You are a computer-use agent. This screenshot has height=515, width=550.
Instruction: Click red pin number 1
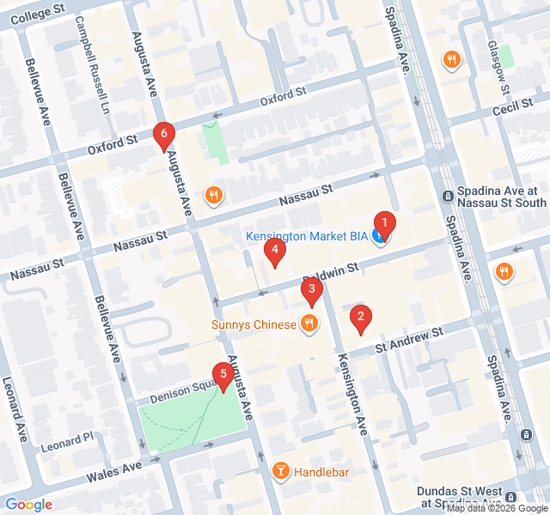coord(385,225)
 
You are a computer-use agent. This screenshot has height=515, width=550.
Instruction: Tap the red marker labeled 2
coord(361,318)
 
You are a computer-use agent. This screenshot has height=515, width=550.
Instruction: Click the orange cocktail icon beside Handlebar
coord(280,470)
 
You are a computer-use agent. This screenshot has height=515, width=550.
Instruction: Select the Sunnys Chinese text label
coord(254,324)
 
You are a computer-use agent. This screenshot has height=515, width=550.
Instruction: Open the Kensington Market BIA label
coord(306,236)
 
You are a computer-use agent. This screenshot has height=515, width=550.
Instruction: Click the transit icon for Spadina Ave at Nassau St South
coord(448,197)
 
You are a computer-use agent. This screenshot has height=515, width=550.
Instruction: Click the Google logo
coord(28,505)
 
